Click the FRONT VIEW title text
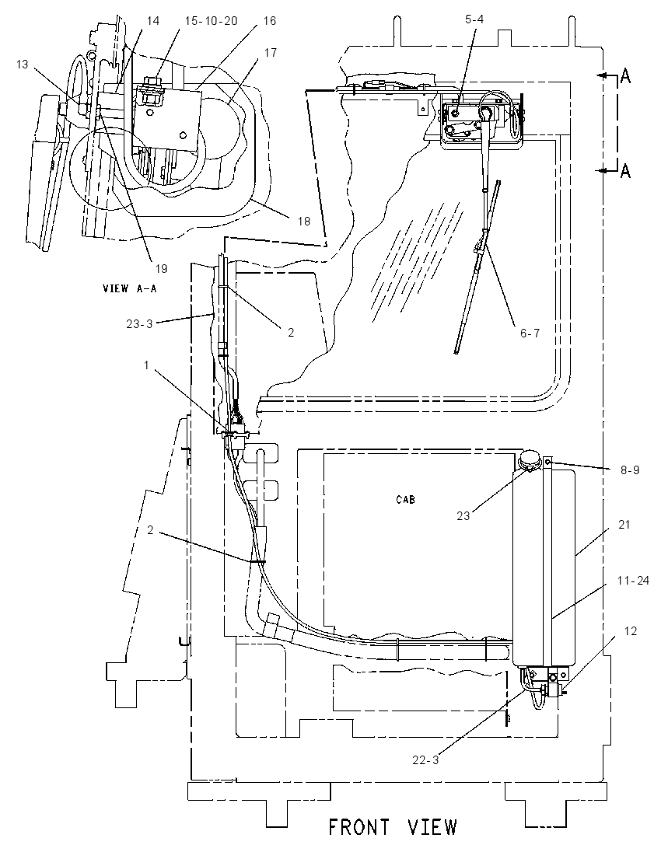[x=393, y=827]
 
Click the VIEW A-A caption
[x=129, y=288]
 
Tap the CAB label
[x=406, y=499]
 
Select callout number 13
[x=22, y=65]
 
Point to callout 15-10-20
[x=212, y=21]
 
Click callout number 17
[x=270, y=53]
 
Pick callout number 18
[x=304, y=221]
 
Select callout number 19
[x=162, y=268]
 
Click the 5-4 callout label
[x=474, y=19]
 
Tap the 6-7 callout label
[x=530, y=333]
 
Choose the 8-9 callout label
[x=630, y=470]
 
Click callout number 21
[x=624, y=525]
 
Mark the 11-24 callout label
[x=633, y=581]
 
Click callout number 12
[x=630, y=631]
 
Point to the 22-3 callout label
[x=425, y=760]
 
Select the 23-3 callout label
[x=139, y=324]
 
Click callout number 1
[x=146, y=365]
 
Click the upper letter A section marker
[x=626, y=77]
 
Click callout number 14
[x=153, y=21]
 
